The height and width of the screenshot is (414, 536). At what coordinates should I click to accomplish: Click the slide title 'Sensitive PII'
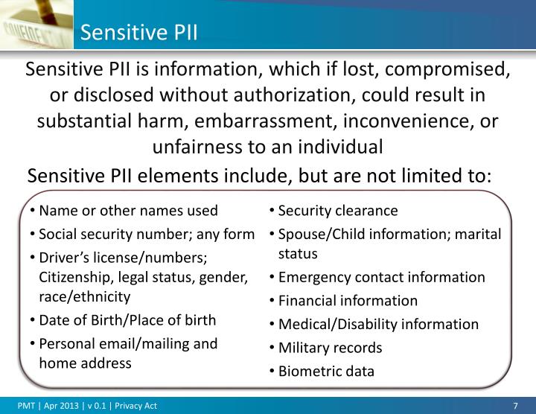pos(138,32)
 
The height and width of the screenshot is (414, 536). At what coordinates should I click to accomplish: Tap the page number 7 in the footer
pos(515,406)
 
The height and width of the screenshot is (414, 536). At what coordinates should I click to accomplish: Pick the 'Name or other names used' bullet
pos(128,211)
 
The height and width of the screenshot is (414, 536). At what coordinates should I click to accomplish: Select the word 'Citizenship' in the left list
pos(74,277)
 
